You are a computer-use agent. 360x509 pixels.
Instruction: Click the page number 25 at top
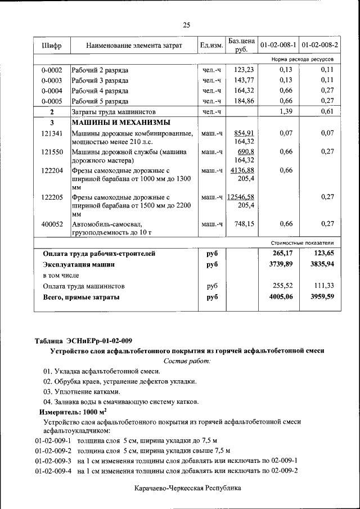[187, 24]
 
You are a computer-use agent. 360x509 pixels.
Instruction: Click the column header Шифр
[51, 45]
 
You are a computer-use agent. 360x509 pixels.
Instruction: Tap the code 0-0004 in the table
[51, 91]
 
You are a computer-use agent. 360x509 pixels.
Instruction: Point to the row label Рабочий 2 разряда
[100, 70]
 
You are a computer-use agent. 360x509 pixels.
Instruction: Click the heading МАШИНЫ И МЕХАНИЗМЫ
[121, 123]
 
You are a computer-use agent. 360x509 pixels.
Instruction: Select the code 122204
[51, 170]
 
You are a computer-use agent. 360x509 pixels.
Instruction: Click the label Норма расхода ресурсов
[302, 59]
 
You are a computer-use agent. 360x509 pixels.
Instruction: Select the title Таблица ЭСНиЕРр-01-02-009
[83, 340]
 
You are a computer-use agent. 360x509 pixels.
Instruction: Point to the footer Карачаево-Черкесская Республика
[187, 489]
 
